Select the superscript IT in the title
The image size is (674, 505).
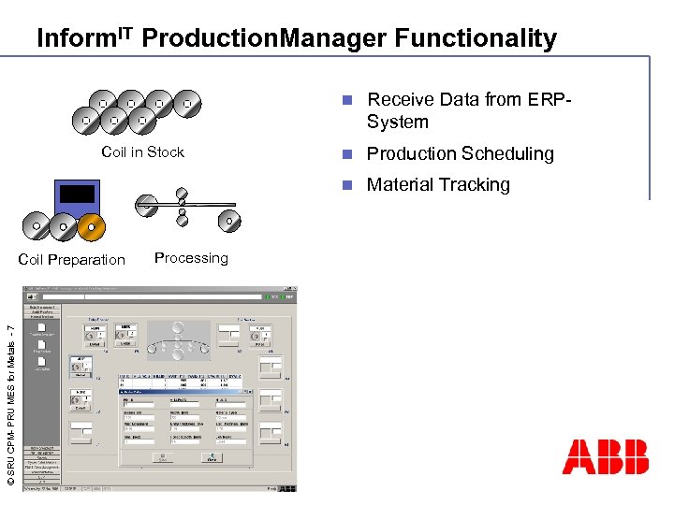125,33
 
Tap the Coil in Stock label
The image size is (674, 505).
142,152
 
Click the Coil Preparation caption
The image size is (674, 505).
71,260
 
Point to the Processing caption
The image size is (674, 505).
191,258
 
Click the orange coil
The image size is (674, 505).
90,225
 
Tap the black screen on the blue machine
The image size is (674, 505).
77,195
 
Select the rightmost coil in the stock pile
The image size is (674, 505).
187,102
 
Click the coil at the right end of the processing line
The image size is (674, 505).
226,222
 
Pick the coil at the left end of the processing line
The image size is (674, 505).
146,202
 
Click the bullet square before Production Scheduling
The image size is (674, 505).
345,153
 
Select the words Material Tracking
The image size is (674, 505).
438,185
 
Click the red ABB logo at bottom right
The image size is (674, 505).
605,457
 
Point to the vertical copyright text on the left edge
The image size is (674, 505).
9,403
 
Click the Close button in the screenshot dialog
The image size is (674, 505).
212,457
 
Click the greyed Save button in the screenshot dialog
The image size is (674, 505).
162,457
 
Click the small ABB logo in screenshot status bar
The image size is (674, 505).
287,487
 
